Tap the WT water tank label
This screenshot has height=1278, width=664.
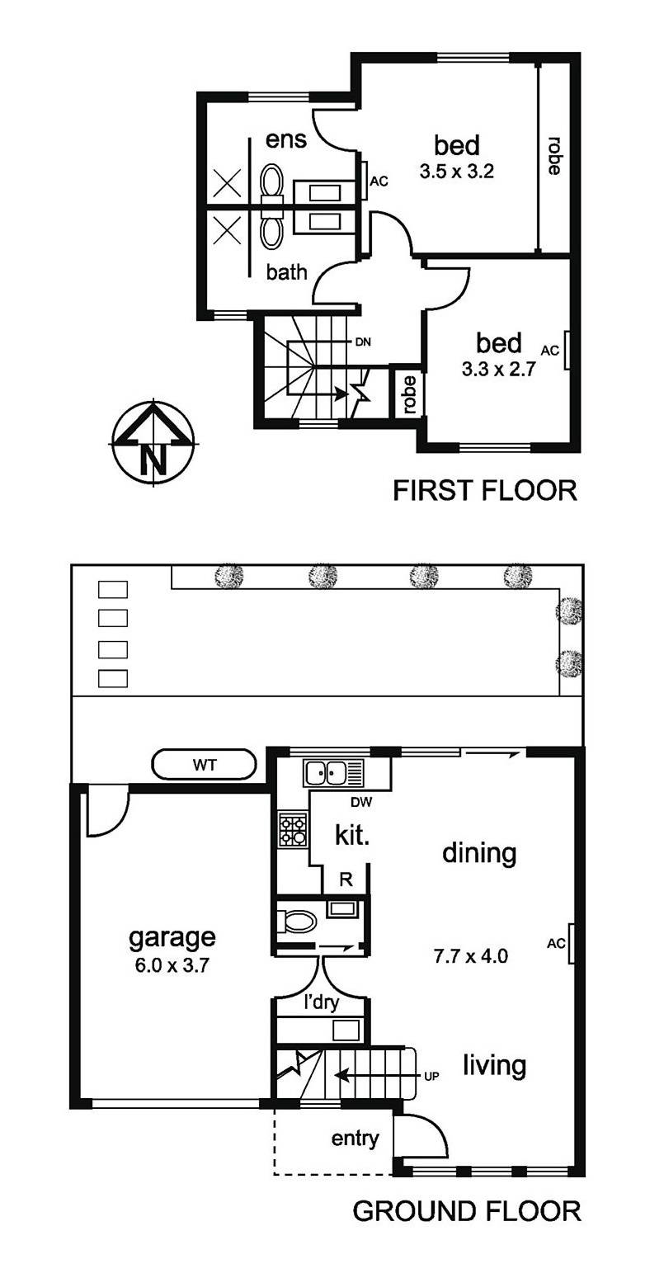point(205,765)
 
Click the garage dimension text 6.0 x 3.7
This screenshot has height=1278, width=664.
point(172,965)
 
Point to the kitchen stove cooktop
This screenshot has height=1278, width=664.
point(293,830)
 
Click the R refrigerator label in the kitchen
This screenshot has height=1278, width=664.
point(346,880)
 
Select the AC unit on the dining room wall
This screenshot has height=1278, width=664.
point(572,942)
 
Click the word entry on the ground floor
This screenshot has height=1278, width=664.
point(355,1139)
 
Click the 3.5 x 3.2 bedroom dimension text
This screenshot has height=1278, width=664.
point(457,173)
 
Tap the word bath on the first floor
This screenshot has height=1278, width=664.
point(286,272)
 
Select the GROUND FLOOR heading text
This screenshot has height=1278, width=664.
point(467,1211)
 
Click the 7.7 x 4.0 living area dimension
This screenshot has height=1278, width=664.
point(470,957)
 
